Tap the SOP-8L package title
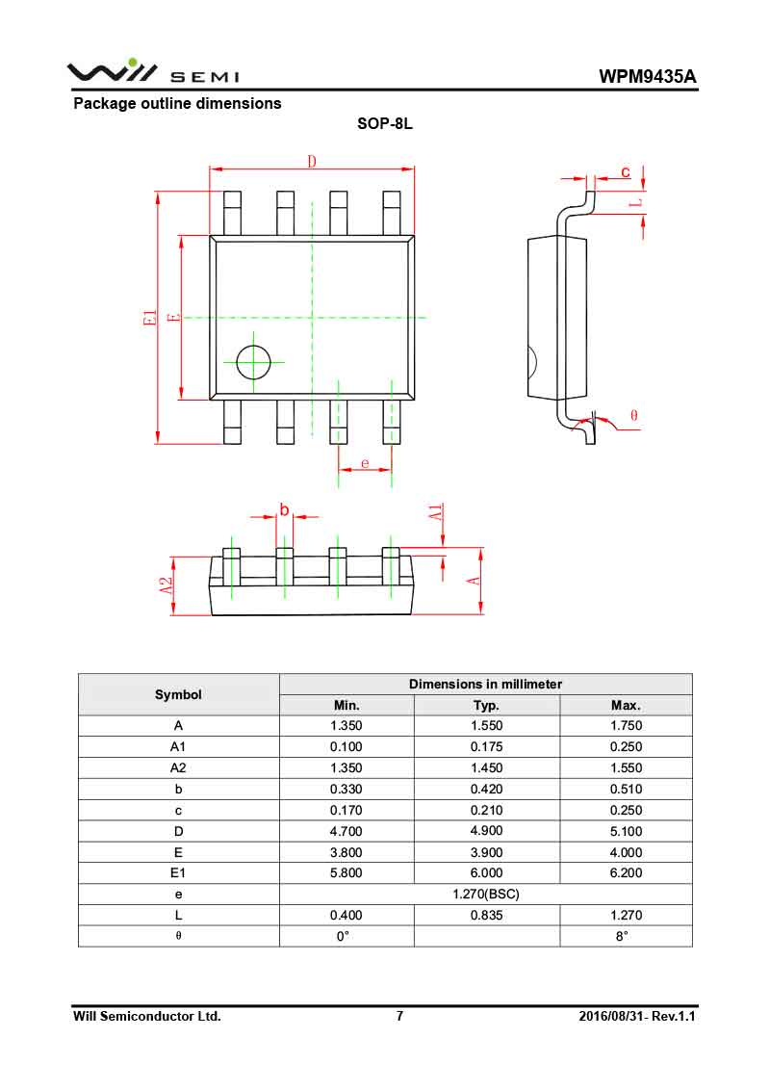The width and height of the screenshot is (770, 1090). coord(385,124)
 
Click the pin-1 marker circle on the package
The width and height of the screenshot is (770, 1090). coord(254,362)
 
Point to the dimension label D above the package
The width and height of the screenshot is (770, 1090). coord(312,161)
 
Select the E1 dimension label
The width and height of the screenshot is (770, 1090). coord(148,317)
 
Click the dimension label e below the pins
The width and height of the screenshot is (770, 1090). coord(365,463)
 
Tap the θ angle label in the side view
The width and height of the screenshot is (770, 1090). coord(633,415)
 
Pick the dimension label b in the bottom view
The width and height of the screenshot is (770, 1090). coord(284,508)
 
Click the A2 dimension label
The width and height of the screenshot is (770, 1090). coord(167,584)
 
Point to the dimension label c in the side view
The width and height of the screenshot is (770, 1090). coord(625,171)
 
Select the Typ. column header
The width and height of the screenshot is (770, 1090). coord(486,705)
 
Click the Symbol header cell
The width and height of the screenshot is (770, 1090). coord(178,694)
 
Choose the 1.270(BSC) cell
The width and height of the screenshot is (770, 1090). coord(486,894)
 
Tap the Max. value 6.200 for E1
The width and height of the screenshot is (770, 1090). coord(626,872)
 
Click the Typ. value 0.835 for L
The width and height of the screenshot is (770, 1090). coord(486,915)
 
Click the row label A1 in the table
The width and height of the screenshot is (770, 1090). coord(178,746)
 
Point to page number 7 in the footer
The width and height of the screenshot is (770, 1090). coord(399,1016)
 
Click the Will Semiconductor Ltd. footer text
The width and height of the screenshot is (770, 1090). coord(147,1016)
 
